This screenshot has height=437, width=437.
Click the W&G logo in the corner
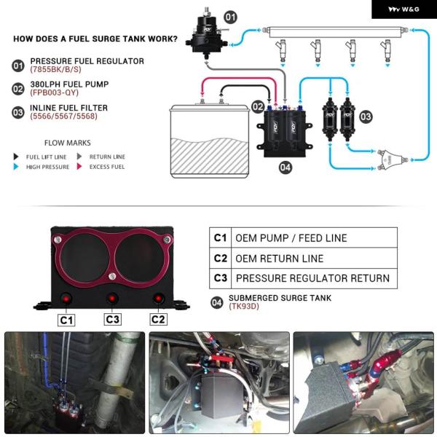point(403,9)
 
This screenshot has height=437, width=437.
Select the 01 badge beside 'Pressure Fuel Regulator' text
point(18,66)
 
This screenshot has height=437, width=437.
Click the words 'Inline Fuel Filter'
point(69,109)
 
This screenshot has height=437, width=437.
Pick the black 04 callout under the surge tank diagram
point(286,168)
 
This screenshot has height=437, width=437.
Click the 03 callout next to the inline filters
point(366,116)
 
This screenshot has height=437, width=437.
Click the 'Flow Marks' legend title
point(68,143)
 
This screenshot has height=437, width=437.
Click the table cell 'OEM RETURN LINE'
point(279,258)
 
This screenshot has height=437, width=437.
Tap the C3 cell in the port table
point(221,278)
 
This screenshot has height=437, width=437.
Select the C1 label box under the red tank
point(67,319)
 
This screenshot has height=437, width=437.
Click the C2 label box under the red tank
point(158,319)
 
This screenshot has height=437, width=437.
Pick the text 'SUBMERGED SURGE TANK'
point(280,298)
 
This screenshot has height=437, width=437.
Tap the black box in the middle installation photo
point(223,394)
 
